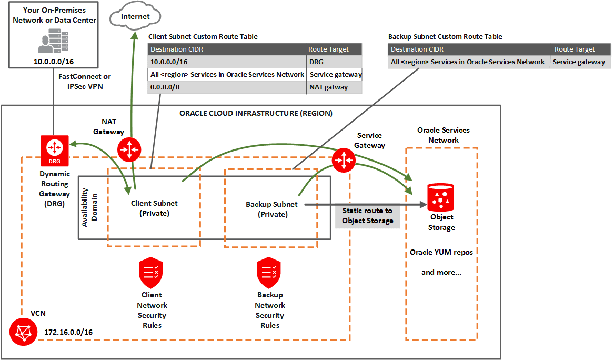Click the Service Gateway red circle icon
click(x=344, y=158)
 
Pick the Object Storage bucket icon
click(x=441, y=197)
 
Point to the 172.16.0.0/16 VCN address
click(x=69, y=332)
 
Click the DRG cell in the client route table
click(x=334, y=62)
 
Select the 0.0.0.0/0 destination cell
click(x=227, y=87)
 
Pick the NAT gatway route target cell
click(x=334, y=87)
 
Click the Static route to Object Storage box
click(x=367, y=215)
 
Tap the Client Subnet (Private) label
click(x=154, y=208)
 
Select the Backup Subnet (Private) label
click(x=271, y=209)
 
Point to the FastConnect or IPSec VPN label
click(x=85, y=81)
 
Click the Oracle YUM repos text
click(x=441, y=252)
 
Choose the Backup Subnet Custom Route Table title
click(x=445, y=37)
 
